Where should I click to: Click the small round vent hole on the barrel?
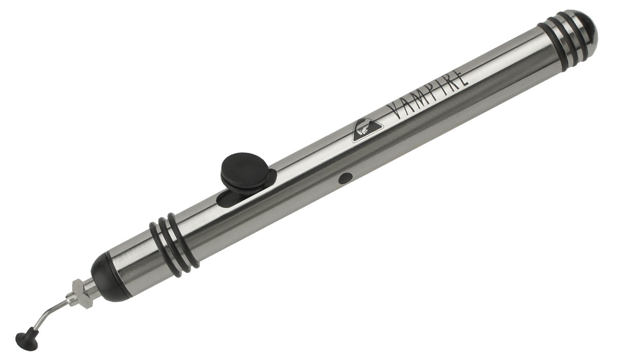345,178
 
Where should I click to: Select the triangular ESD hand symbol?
367,130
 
